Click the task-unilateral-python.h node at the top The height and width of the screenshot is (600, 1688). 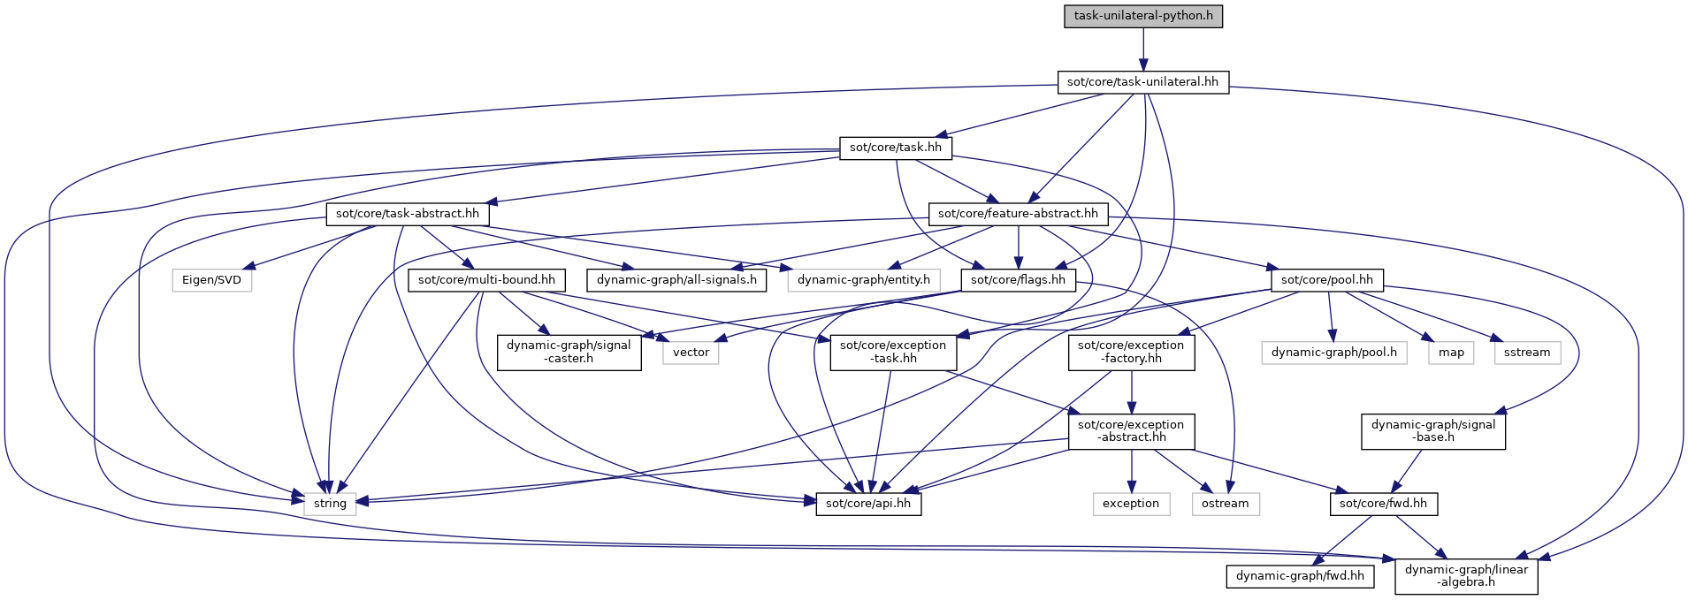(1142, 16)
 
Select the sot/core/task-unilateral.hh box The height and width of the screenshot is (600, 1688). (1142, 82)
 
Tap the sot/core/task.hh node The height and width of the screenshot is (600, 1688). (895, 148)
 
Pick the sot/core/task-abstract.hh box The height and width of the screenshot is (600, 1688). (407, 214)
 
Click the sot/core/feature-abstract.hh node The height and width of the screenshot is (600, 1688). (1018, 214)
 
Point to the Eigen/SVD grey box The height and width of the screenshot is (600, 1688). (212, 280)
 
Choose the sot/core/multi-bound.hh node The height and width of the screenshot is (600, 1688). (486, 280)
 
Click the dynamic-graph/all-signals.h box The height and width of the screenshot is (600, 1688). (676, 280)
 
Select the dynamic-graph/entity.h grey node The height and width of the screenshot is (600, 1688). (863, 280)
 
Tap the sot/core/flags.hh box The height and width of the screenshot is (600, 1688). (1018, 280)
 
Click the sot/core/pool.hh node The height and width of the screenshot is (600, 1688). (1326, 280)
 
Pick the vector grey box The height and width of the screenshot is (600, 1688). (691, 352)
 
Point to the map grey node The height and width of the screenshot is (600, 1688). (1451, 352)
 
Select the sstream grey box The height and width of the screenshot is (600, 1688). (1527, 352)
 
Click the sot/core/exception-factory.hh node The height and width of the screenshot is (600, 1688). (1131, 352)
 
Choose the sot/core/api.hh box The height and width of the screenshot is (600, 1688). (867, 504)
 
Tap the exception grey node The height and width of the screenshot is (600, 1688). (1130, 504)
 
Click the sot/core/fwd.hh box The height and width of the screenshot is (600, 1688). (1383, 504)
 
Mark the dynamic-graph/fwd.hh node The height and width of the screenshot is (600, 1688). (1300, 576)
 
